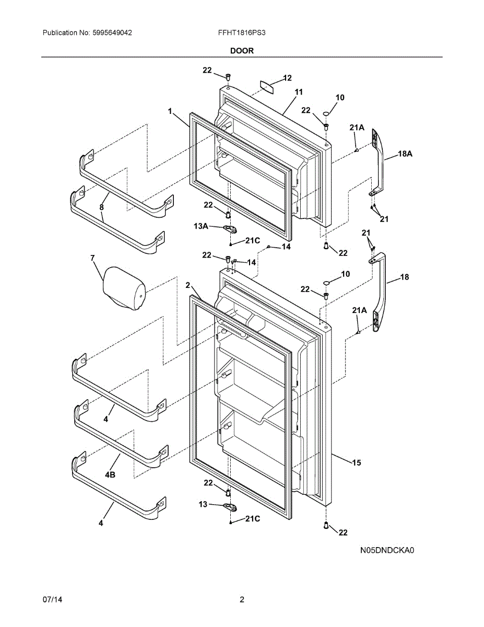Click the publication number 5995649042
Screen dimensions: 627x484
point(111,32)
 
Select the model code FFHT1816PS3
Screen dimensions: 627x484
point(242,32)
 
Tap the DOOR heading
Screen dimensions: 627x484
point(242,51)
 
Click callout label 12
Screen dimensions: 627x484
point(287,78)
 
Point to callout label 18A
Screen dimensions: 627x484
point(405,154)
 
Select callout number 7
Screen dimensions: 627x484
point(92,258)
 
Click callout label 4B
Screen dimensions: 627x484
point(110,475)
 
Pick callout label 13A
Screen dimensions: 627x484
point(200,226)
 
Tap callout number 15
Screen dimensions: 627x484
point(356,462)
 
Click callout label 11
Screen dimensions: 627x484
point(298,92)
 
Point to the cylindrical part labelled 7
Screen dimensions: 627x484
point(124,288)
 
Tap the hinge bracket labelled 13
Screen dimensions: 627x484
point(230,506)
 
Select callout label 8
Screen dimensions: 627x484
point(102,207)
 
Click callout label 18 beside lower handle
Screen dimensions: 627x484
point(405,277)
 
